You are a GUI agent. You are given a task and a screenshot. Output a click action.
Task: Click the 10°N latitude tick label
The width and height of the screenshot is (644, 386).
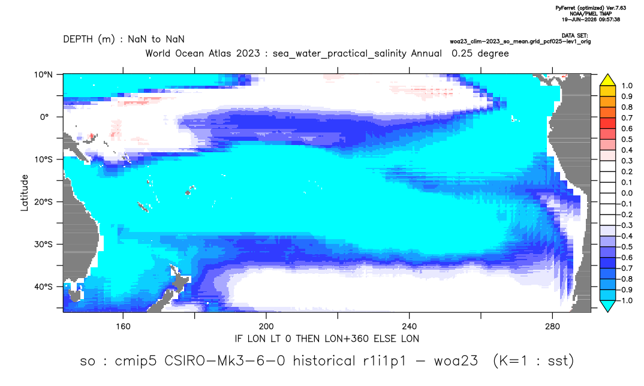pos(43,75)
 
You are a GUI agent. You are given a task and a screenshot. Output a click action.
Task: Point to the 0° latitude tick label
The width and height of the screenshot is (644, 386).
pos(44,117)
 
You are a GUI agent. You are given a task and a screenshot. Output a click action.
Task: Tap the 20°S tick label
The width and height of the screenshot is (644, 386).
pos(43,202)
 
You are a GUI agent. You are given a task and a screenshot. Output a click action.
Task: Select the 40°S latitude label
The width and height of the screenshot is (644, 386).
pos(43,287)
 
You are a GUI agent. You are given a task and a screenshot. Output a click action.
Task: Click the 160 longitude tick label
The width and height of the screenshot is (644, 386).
pos(123,327)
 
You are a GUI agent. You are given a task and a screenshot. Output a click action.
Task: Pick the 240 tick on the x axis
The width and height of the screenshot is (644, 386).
pos(410,327)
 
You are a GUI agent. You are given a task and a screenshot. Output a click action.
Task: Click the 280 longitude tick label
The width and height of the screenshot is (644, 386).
pos(552,327)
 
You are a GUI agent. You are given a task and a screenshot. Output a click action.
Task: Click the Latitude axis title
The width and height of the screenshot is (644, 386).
pos(25,193)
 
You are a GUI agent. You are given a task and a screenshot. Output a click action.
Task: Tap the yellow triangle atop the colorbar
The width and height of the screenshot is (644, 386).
pos(607,80)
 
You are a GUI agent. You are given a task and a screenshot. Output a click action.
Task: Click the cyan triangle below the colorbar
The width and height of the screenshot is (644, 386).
pos(607,306)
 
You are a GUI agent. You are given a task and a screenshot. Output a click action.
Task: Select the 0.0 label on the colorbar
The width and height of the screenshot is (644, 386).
pos(627,194)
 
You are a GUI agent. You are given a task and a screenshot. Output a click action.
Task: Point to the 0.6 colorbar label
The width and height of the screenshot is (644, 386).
pos(627,129)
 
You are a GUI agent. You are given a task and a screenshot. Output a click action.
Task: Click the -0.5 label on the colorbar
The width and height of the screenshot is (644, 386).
pos(625,247)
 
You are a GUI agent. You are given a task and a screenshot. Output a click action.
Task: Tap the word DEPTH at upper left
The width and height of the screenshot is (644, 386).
pos(78,40)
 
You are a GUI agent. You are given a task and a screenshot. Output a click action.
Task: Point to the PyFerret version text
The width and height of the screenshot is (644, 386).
pos(591,8)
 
